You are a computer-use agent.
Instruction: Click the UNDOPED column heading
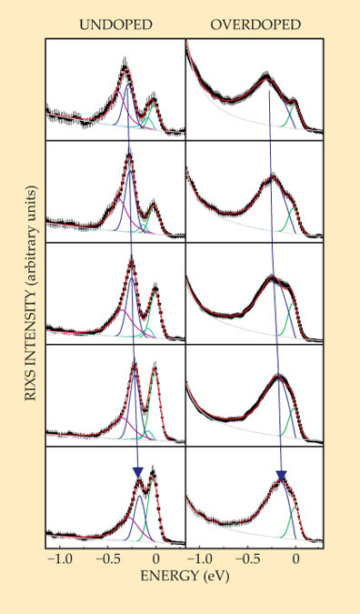point(115,25)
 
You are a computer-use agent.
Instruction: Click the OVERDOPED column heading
point(255,25)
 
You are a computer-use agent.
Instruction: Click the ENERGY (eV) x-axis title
point(185,576)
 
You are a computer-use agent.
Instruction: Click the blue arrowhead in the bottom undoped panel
point(138,471)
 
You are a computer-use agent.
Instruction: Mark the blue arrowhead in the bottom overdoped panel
point(281,475)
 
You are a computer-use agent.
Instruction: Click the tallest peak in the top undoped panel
point(125,69)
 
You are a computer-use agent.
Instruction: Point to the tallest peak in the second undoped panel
point(129,156)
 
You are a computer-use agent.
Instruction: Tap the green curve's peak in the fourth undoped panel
point(155,369)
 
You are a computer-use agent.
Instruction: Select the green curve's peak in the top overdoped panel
point(295,104)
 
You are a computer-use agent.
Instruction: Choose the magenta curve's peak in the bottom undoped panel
point(127,517)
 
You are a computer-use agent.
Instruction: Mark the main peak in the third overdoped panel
point(273,277)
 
